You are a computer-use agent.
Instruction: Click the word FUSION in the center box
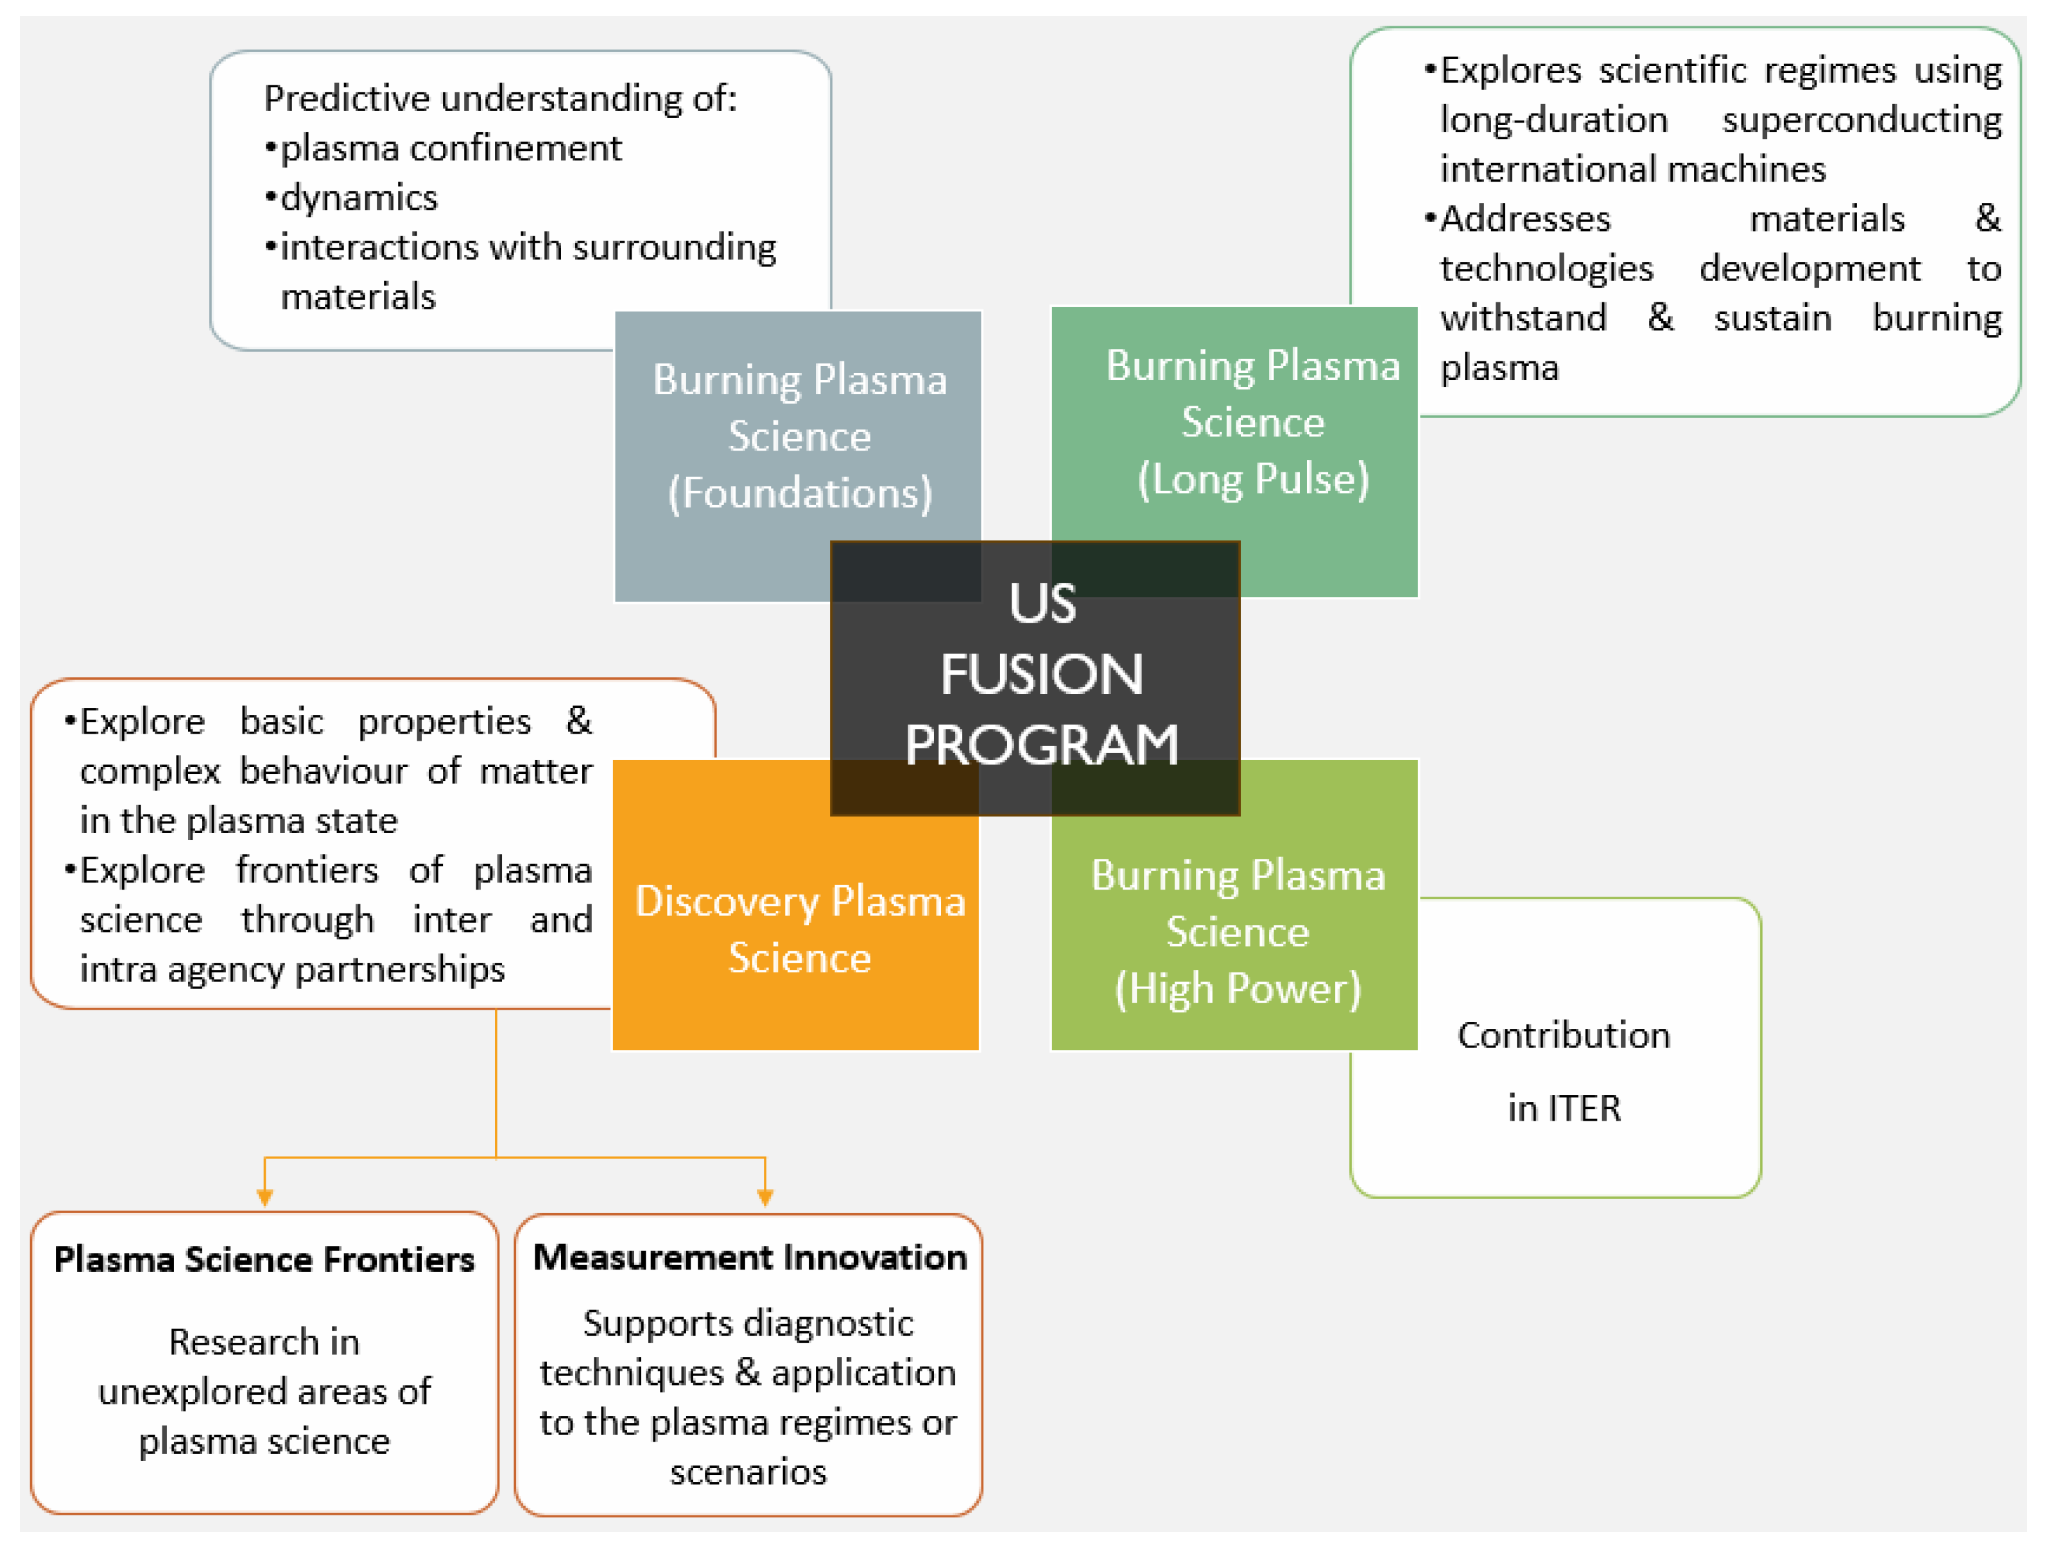1041,674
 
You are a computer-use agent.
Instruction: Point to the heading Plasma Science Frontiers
264,1259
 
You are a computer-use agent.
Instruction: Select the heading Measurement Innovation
750,1257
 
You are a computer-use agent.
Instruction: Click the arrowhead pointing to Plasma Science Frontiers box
264,1198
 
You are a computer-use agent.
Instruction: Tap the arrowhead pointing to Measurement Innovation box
764,1198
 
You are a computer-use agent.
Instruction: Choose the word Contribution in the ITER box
1563,1035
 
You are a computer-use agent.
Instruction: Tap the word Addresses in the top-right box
1525,218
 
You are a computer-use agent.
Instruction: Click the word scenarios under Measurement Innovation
748,1472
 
